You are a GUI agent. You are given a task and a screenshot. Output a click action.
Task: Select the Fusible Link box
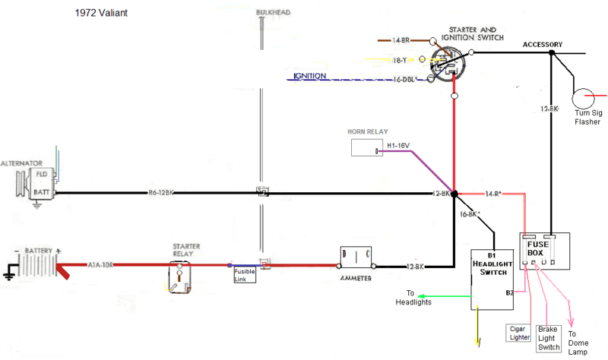click(x=244, y=274)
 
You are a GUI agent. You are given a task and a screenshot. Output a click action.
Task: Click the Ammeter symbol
click(x=356, y=258)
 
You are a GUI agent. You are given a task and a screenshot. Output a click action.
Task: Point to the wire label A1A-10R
click(x=101, y=265)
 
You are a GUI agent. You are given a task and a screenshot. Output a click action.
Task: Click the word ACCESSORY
click(x=543, y=44)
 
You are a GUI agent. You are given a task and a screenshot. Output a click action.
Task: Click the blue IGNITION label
click(x=309, y=76)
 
